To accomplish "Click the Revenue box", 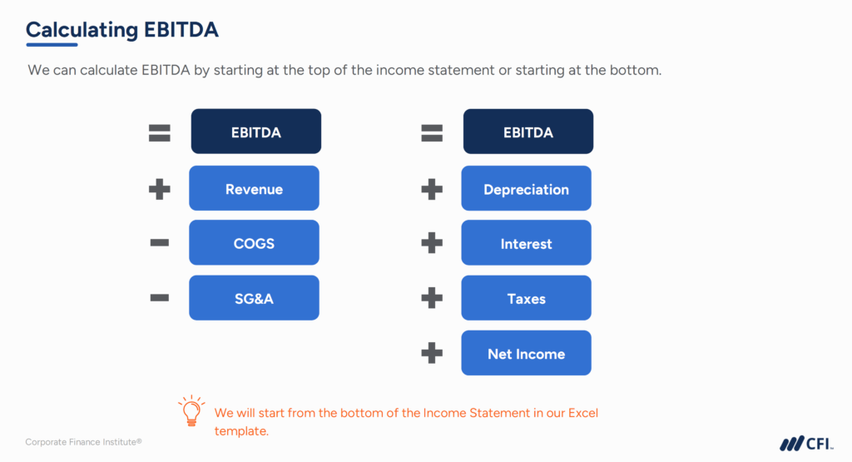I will pyautogui.click(x=254, y=189).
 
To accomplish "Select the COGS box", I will pyautogui.click(x=254, y=244).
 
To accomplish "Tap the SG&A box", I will pyautogui.click(x=254, y=299).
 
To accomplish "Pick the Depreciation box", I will pyautogui.click(x=526, y=189).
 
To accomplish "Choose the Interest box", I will pyautogui.click(x=526, y=244).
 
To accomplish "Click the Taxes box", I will pyautogui.click(x=526, y=299).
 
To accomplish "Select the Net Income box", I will pyautogui.click(x=526, y=354).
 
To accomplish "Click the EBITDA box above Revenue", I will pyautogui.click(x=255, y=132).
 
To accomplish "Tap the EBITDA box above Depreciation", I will pyautogui.click(x=528, y=132).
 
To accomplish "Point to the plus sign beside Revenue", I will pyautogui.click(x=159, y=189).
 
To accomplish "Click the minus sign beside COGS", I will pyautogui.click(x=159, y=243).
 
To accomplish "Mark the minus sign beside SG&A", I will pyautogui.click(x=159, y=298).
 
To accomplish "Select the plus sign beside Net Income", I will pyautogui.click(x=431, y=354).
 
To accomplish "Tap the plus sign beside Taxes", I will pyautogui.click(x=431, y=299).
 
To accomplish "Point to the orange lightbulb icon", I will pyautogui.click(x=191, y=411).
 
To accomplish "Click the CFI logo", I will pyautogui.click(x=806, y=444).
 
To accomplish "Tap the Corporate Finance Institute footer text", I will pyautogui.click(x=83, y=442).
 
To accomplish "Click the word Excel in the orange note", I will pyautogui.click(x=579, y=413).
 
